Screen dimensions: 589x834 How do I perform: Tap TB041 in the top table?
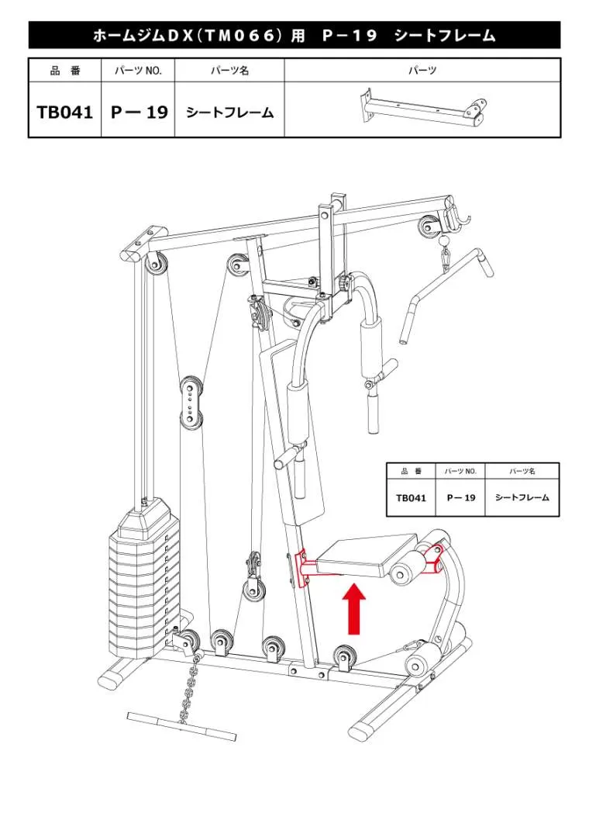coord(65,112)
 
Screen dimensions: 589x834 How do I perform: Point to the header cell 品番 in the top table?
coord(65,71)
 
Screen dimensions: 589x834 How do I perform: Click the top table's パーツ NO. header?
coord(138,71)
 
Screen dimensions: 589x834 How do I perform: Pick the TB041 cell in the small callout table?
coord(411,498)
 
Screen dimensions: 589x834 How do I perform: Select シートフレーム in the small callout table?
coord(522,498)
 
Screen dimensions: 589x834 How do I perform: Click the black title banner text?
coord(294,36)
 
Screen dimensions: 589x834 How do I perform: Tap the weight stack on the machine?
coord(143,574)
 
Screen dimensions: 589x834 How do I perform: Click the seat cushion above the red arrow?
coord(367,555)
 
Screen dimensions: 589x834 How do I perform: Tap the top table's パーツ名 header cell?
coord(229,71)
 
